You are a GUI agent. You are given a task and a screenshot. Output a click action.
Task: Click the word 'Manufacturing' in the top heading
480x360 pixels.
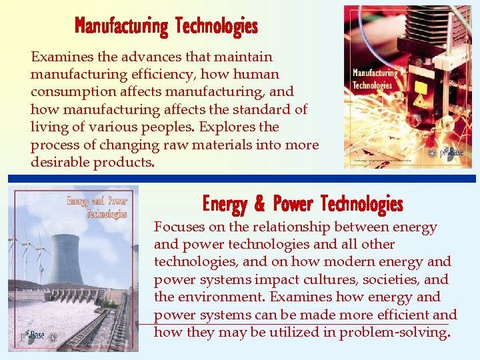click(x=121, y=26)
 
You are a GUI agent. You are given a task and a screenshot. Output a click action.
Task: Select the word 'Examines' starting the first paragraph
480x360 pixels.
click(x=60, y=57)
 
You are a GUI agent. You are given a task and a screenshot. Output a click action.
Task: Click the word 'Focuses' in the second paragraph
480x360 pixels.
click(x=179, y=227)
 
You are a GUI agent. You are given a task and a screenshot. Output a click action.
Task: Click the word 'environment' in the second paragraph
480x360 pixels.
click(x=231, y=297)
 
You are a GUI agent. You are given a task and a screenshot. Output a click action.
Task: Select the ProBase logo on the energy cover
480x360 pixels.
click(x=32, y=336)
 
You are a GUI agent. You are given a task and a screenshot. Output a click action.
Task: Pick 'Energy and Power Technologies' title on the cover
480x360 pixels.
click(x=97, y=207)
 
